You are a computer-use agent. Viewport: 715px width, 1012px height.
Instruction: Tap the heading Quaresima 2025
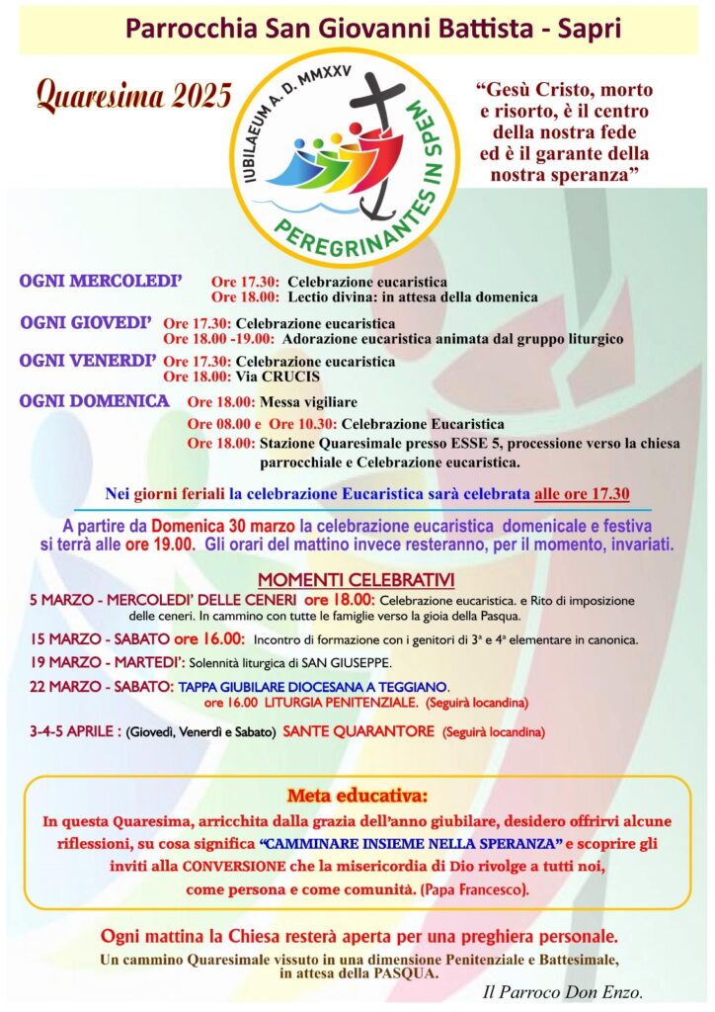coord(133,96)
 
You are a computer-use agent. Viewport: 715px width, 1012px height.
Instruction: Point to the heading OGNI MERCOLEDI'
coord(101,282)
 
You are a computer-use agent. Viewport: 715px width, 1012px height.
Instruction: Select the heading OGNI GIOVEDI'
coord(86,322)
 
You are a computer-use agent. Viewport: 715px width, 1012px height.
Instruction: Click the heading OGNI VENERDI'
coord(88,361)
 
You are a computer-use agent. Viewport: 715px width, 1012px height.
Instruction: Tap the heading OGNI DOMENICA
coord(94,401)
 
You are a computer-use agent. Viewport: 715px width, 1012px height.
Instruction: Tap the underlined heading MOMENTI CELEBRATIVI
coord(356,580)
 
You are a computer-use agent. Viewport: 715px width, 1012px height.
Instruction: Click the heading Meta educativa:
coord(357,795)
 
